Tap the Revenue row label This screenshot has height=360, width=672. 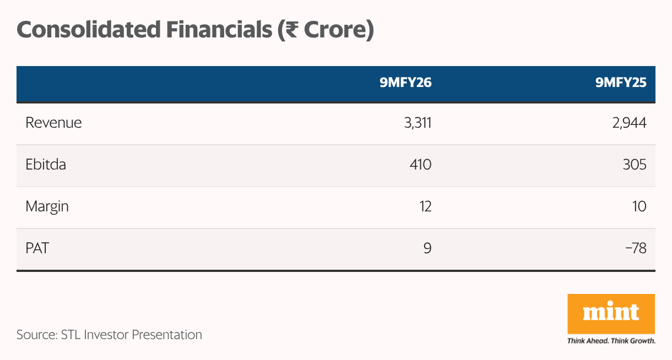(x=53, y=123)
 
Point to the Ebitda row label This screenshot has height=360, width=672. (x=46, y=165)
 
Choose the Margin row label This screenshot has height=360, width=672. (x=47, y=206)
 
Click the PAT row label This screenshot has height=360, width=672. (x=37, y=248)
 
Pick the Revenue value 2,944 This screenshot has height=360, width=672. (x=629, y=123)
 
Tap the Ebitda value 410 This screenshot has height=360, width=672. (x=420, y=165)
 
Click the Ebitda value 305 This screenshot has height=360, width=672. (x=634, y=165)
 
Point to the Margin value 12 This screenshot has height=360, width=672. (x=424, y=206)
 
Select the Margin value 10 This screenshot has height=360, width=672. (x=638, y=206)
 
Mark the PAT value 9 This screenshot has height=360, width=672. (x=427, y=248)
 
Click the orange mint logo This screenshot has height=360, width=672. (x=611, y=313)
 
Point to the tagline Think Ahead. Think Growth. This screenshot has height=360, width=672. (x=611, y=341)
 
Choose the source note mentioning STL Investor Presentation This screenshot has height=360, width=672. (x=109, y=334)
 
